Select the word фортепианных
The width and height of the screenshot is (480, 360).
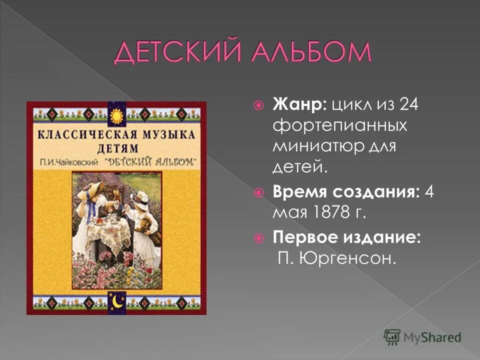pyautogui.click(x=340, y=126)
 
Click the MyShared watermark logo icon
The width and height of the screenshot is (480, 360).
pyautogui.click(x=392, y=336)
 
